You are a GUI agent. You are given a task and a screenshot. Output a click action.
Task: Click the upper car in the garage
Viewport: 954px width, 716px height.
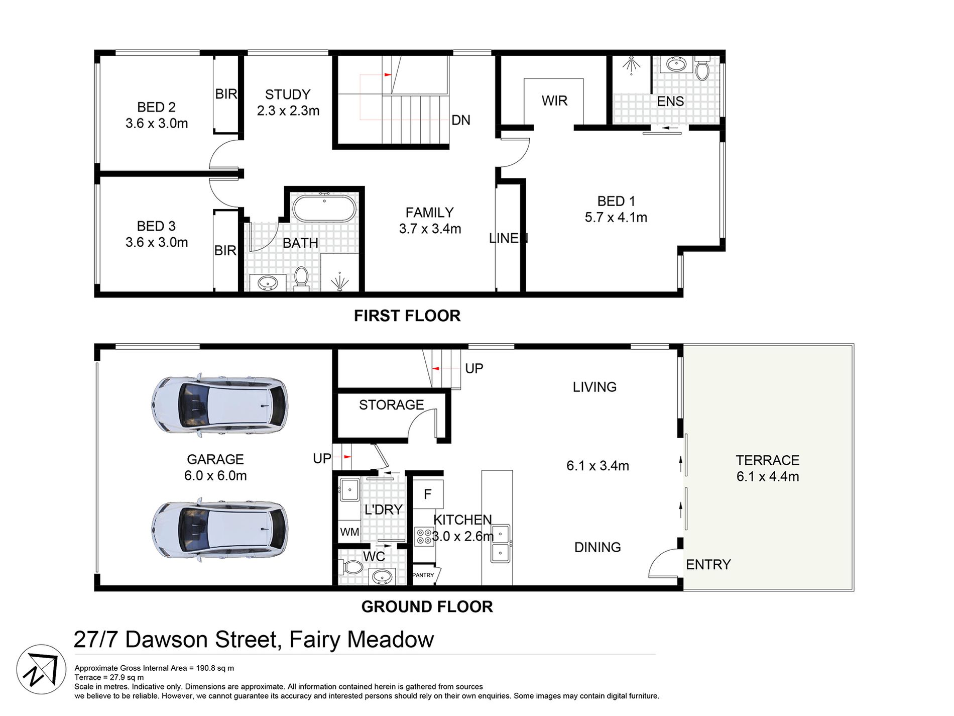[219, 405]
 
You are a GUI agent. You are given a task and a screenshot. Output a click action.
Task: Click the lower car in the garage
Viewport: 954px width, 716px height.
[219, 531]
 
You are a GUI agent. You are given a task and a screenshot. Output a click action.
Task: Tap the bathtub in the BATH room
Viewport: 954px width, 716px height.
[324, 209]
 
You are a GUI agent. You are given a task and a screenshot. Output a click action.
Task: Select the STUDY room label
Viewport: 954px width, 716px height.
[288, 94]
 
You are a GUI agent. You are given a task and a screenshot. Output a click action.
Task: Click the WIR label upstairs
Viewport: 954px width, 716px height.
[554, 101]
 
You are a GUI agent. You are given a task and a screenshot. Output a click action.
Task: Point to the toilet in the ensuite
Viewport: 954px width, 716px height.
[702, 70]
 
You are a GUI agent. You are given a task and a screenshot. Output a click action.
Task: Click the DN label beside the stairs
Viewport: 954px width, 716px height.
[460, 120]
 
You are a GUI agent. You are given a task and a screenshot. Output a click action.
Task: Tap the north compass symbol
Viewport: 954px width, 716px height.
[42, 669]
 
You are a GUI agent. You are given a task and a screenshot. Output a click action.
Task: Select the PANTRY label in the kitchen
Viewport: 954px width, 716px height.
[423, 575]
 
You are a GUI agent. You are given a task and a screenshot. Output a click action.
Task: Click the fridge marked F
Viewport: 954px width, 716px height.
[428, 494]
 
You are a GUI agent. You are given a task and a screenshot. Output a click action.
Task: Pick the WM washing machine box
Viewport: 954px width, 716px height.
[349, 532]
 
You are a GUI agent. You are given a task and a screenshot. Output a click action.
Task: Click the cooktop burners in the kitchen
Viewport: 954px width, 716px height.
[424, 536]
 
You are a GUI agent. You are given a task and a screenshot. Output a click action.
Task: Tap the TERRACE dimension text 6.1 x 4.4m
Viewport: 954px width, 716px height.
[767, 476]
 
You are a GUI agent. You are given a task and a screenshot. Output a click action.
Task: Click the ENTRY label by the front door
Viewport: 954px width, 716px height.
[708, 564]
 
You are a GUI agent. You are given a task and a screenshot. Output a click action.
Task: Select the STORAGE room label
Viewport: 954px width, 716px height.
[391, 404]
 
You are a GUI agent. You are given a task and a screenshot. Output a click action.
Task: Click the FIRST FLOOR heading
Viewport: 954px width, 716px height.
[407, 316]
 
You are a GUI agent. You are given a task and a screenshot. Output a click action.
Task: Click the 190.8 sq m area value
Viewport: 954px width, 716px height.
[215, 668]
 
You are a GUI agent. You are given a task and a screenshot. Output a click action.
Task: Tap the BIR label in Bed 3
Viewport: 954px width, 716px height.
[225, 250]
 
